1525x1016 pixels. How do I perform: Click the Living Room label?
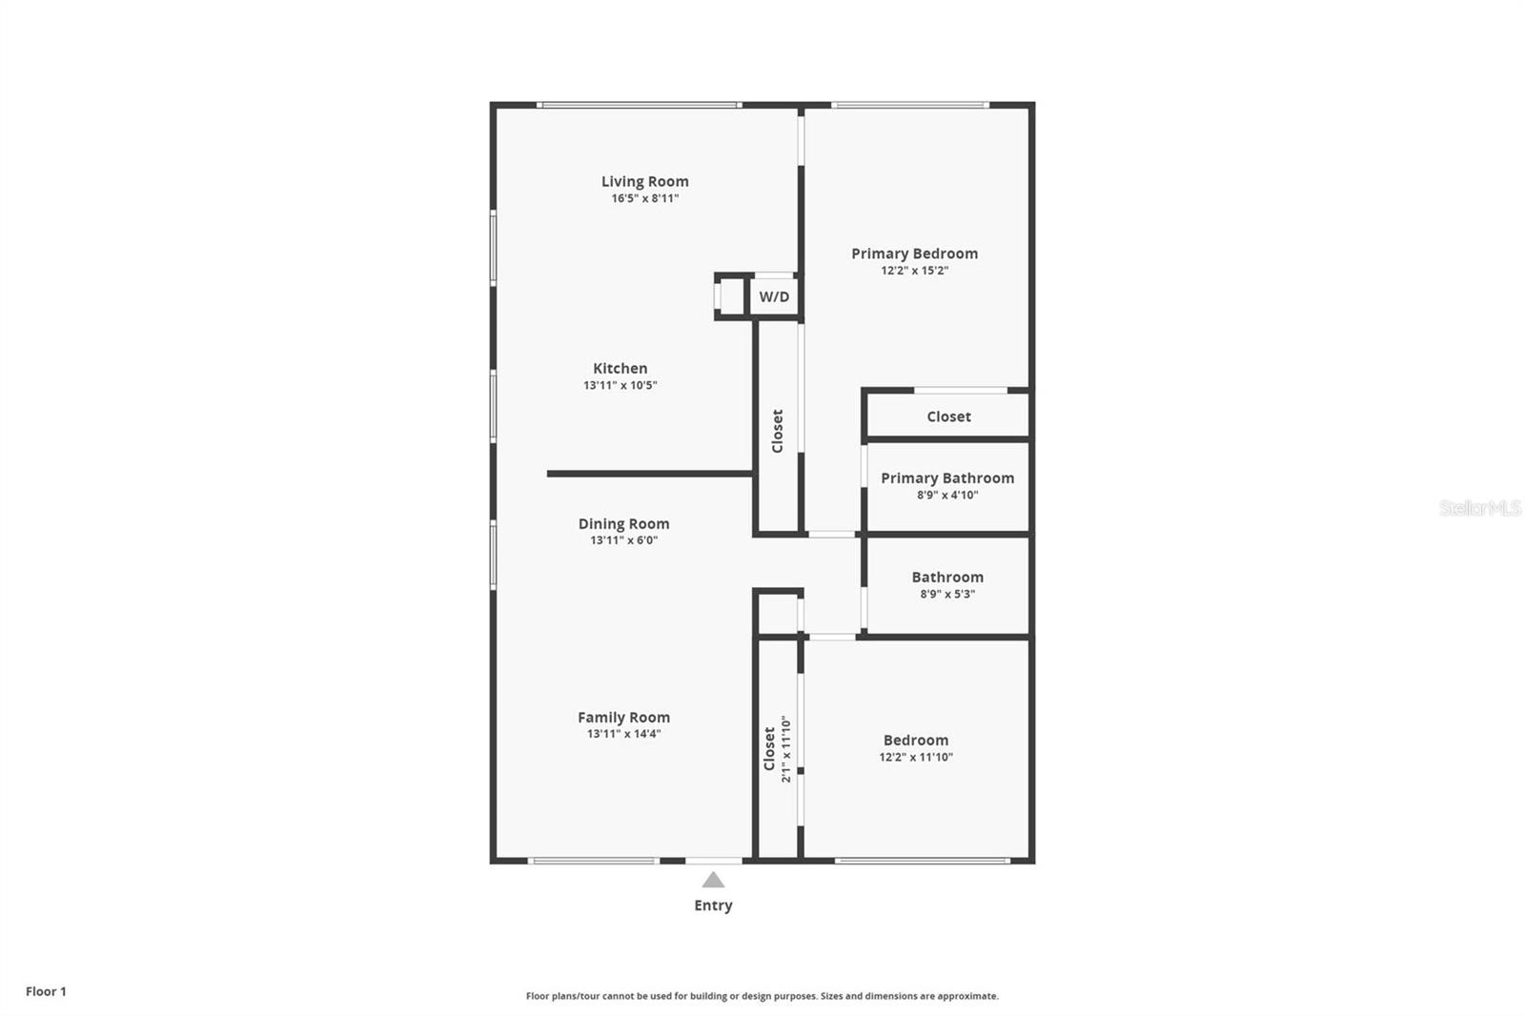pos(644,181)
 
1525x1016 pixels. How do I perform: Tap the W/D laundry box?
pos(774,296)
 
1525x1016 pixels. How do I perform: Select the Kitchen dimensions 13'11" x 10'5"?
pos(620,386)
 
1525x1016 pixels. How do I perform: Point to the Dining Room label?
pos(623,523)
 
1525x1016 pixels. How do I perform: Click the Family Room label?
pos(623,718)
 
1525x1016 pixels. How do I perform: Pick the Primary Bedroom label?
pos(914,254)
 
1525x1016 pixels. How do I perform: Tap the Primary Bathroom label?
pos(947,478)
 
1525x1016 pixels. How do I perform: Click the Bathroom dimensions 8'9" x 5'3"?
pos(947,594)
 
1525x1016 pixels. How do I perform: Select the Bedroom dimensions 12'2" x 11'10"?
pos(916,758)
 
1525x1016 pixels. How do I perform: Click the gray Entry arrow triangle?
pos(713,880)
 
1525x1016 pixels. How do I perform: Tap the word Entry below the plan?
pos(713,905)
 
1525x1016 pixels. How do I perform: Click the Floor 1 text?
pos(46,991)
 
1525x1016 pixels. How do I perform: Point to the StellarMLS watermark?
pos(1479,508)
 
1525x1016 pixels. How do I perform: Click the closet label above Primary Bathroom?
pos(948,417)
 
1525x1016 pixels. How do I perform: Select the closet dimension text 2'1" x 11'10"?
pos(786,749)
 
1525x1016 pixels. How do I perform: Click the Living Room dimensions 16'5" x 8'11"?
pos(645,199)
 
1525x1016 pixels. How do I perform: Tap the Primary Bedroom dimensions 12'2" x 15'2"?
pos(914,271)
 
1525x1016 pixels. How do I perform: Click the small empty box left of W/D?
pos(732,296)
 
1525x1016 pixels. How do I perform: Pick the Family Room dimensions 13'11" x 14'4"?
pos(623,734)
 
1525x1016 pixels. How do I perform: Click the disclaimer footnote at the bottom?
pos(762,996)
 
